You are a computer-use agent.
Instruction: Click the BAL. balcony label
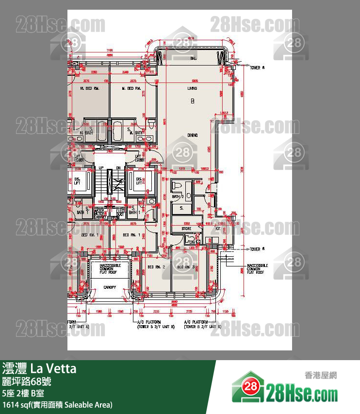click(x=193, y=58)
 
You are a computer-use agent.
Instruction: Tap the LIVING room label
click(x=193, y=89)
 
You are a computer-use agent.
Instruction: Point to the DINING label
click(x=193, y=135)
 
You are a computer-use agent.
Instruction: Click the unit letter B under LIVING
click(x=193, y=101)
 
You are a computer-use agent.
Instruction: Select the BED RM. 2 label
click(x=157, y=267)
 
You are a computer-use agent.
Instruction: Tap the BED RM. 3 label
click(x=186, y=267)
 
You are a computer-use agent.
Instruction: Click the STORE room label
click(x=186, y=229)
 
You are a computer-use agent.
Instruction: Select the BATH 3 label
click(x=178, y=197)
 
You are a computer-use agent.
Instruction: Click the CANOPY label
click(x=109, y=287)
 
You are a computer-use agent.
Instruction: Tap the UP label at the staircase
click(x=101, y=167)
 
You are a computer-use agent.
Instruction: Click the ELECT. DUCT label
click(x=120, y=212)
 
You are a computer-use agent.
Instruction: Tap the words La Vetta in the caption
click(x=53, y=369)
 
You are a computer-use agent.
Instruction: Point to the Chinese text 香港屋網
click(x=321, y=375)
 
